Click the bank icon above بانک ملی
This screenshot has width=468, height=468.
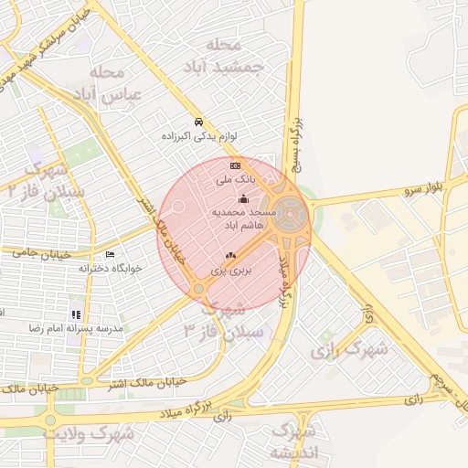pyautogui.click(x=235, y=166)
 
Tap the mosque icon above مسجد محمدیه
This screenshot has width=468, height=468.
pyautogui.click(x=243, y=199)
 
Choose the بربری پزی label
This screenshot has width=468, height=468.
pyautogui.click(x=230, y=271)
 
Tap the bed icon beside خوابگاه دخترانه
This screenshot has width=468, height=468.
pyautogui.click(x=111, y=254)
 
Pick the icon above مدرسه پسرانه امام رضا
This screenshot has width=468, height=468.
pyautogui.click(x=76, y=314)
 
